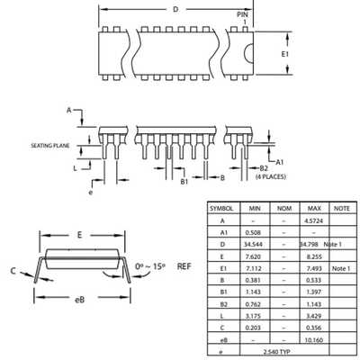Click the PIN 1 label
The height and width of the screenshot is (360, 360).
pyautogui.click(x=243, y=18)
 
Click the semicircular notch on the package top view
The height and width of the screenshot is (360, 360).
pyautogui.click(x=248, y=54)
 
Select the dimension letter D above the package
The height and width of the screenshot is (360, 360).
pyautogui.click(x=175, y=9)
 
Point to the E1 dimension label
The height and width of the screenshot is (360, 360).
pyautogui.click(x=285, y=54)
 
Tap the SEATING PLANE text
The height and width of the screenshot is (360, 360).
pyautogui.click(x=50, y=146)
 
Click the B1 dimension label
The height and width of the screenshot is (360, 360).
pyautogui.click(x=184, y=181)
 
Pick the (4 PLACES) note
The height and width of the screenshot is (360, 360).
pyautogui.click(x=271, y=176)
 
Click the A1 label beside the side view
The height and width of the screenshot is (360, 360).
pyautogui.click(x=280, y=162)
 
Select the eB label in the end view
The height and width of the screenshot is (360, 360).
pyautogui.click(x=79, y=300)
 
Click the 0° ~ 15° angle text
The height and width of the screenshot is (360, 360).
pyautogui.click(x=150, y=266)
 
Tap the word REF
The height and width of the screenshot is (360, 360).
pyautogui.click(x=184, y=266)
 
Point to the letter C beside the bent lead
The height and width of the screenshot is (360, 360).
pyautogui.click(x=13, y=271)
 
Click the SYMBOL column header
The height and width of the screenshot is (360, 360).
pyautogui.click(x=221, y=209)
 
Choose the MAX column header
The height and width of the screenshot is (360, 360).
pyautogui.click(x=314, y=208)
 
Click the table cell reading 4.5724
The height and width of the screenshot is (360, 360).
pyautogui.click(x=313, y=220)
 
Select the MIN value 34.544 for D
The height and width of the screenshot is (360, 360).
pyautogui.click(x=254, y=244)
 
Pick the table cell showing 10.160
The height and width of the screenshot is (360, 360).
pyautogui.click(x=314, y=340)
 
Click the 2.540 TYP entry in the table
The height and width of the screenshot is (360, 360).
pyautogui.click(x=276, y=352)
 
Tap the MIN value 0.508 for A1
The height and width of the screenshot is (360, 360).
pyautogui.click(x=253, y=232)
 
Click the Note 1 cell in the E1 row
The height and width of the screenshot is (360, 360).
pyautogui.click(x=341, y=268)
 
